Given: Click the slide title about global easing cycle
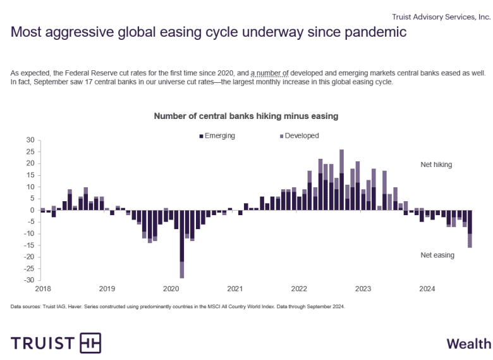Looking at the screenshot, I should pos(209,32).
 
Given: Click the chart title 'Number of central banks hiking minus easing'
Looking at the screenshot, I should pos(246,116).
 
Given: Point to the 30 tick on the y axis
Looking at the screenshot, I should pos(29,140).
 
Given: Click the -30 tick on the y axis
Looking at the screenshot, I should pos(28,280).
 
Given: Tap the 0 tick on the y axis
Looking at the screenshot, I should pos(31,210).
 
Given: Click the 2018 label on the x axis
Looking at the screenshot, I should pos(43,289).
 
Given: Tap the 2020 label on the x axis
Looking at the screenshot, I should pos(171,289).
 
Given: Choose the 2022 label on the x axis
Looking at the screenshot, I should pos(299,289).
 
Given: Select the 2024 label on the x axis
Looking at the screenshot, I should pos(427,289).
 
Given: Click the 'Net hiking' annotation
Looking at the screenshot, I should pos(436,164).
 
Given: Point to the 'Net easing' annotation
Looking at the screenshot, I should pos(437,255).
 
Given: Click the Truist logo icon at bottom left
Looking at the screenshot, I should pos(90,343).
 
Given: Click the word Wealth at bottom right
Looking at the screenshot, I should pos(468,344).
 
